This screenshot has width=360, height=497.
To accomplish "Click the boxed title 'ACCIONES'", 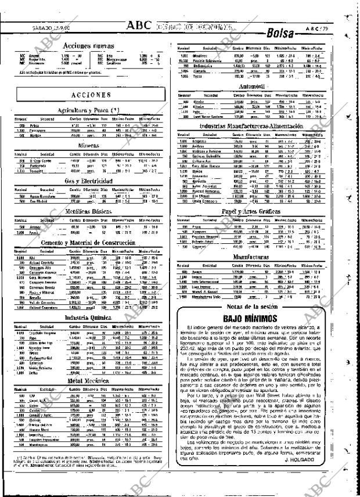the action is tap(91, 95).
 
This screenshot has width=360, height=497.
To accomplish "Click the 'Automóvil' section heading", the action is tap(264, 85).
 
